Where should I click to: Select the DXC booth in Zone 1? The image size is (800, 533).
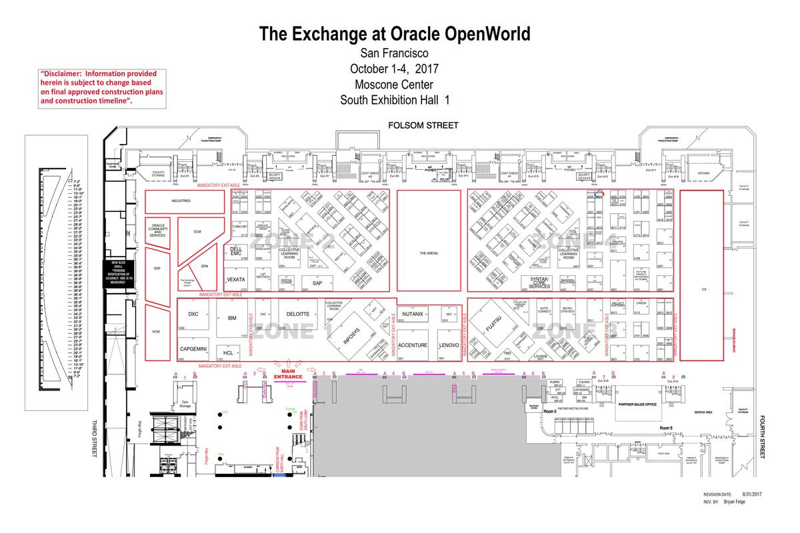(x=193, y=314)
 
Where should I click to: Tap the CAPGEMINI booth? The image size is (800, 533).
(x=194, y=348)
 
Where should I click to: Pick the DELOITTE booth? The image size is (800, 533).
(x=297, y=314)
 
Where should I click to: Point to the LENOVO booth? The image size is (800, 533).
(x=449, y=346)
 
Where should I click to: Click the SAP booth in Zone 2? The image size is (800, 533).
(x=317, y=283)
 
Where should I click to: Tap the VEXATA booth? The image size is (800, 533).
(x=236, y=279)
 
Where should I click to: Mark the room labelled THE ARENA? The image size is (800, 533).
(x=428, y=254)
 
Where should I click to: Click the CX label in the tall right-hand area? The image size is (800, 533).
(x=703, y=290)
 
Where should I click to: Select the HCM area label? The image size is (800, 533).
(x=156, y=332)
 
